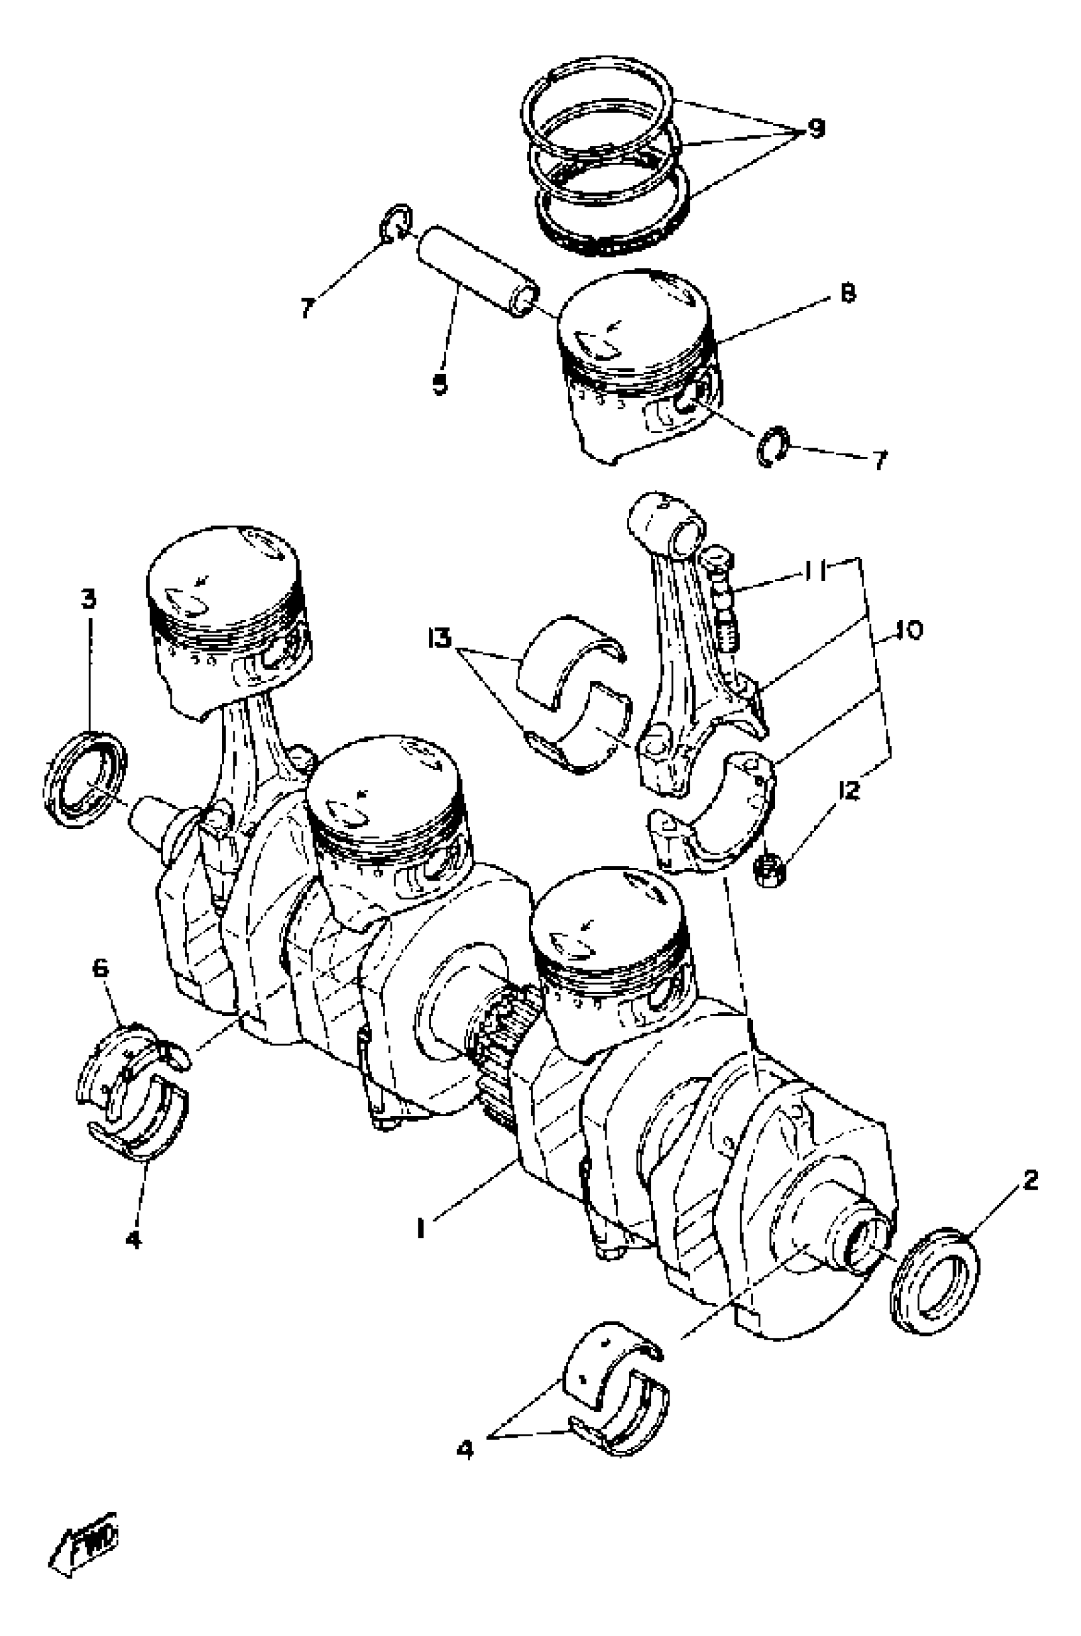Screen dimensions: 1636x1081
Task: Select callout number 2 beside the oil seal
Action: click(x=1030, y=1181)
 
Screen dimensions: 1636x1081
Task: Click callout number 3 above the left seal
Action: click(x=88, y=599)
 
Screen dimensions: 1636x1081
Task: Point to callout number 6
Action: click(x=100, y=968)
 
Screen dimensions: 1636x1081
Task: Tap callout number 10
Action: click(x=910, y=630)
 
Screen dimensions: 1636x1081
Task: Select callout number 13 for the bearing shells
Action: click(x=439, y=638)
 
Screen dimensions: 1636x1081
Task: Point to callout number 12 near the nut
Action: click(x=849, y=790)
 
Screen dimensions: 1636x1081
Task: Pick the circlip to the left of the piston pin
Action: click(x=396, y=223)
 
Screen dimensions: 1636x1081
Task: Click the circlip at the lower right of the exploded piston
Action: click(x=771, y=446)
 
